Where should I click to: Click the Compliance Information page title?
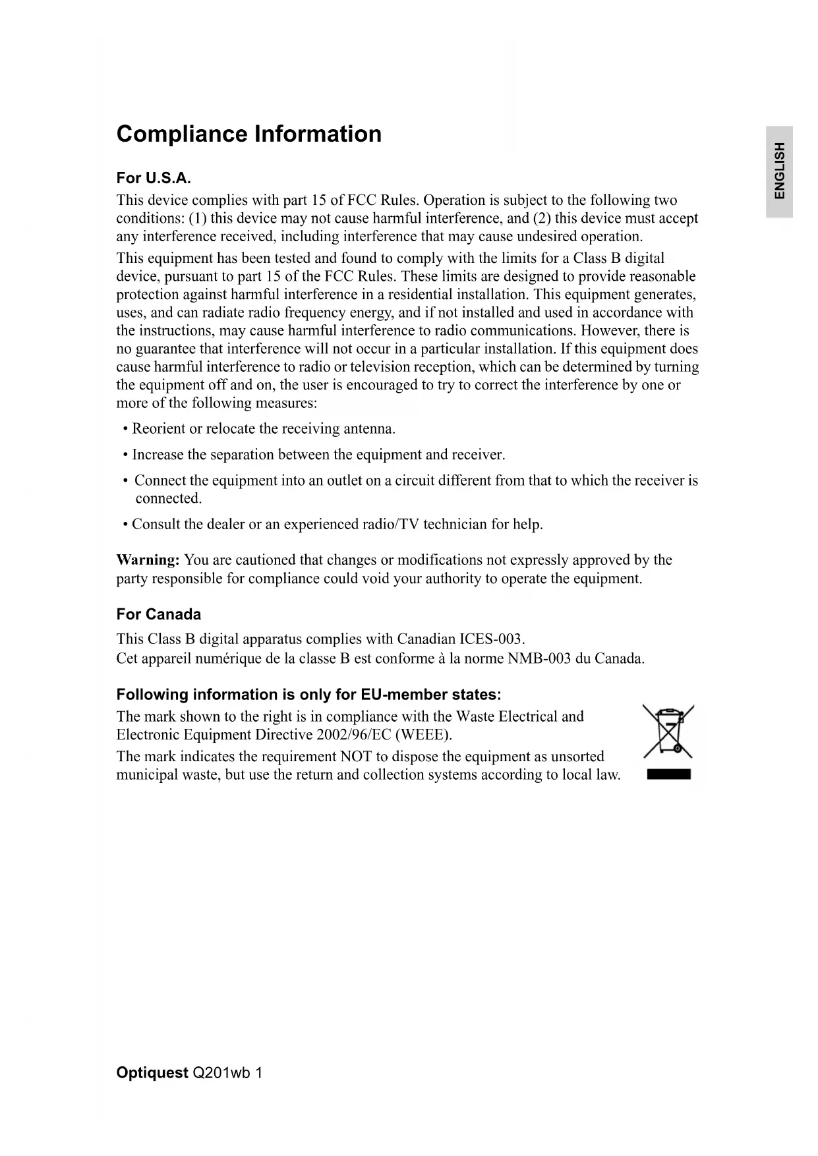tap(248, 134)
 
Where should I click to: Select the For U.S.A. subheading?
tap(154, 178)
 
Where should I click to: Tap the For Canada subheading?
tap(158, 614)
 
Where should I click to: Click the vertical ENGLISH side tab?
tap(779, 171)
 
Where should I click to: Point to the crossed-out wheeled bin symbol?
tap(668, 731)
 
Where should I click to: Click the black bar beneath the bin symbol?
tap(668, 774)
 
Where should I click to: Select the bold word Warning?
tap(148, 560)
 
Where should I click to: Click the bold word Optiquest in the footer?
tap(152, 1073)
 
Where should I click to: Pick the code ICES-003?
tap(491, 639)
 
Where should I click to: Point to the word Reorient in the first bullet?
tap(158, 429)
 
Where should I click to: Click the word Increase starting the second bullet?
tap(158, 455)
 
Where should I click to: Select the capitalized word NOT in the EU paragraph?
tap(356, 757)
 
